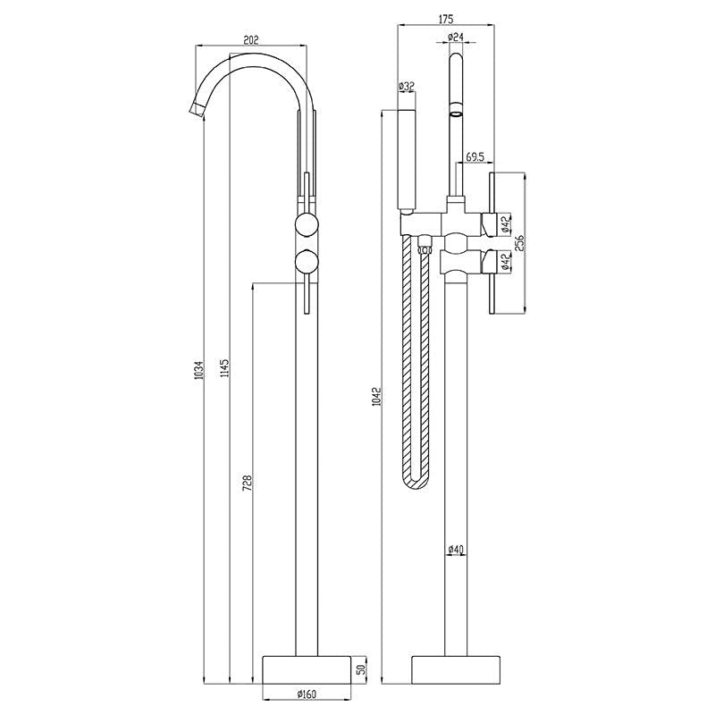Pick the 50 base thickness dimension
click(x=360, y=669)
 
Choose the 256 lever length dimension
click(x=518, y=242)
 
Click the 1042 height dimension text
click(x=378, y=400)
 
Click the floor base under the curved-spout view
click(x=305, y=668)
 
